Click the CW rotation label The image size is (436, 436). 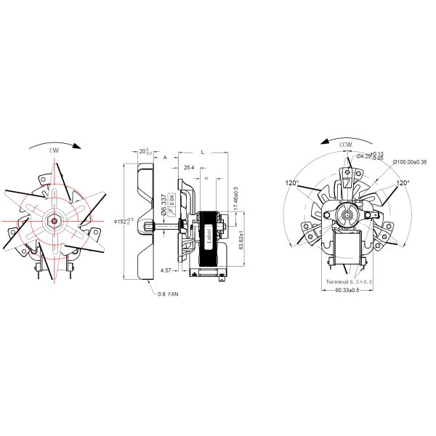coord(54,150)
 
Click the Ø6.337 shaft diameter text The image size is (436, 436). coord(165,202)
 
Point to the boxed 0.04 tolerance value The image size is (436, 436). coord(172,201)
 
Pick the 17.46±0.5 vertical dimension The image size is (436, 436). coord(235,199)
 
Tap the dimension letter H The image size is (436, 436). coord(206,178)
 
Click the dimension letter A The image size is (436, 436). coord(165,156)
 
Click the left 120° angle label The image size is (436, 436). coord(292,183)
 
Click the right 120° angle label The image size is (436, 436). coord(403,183)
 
